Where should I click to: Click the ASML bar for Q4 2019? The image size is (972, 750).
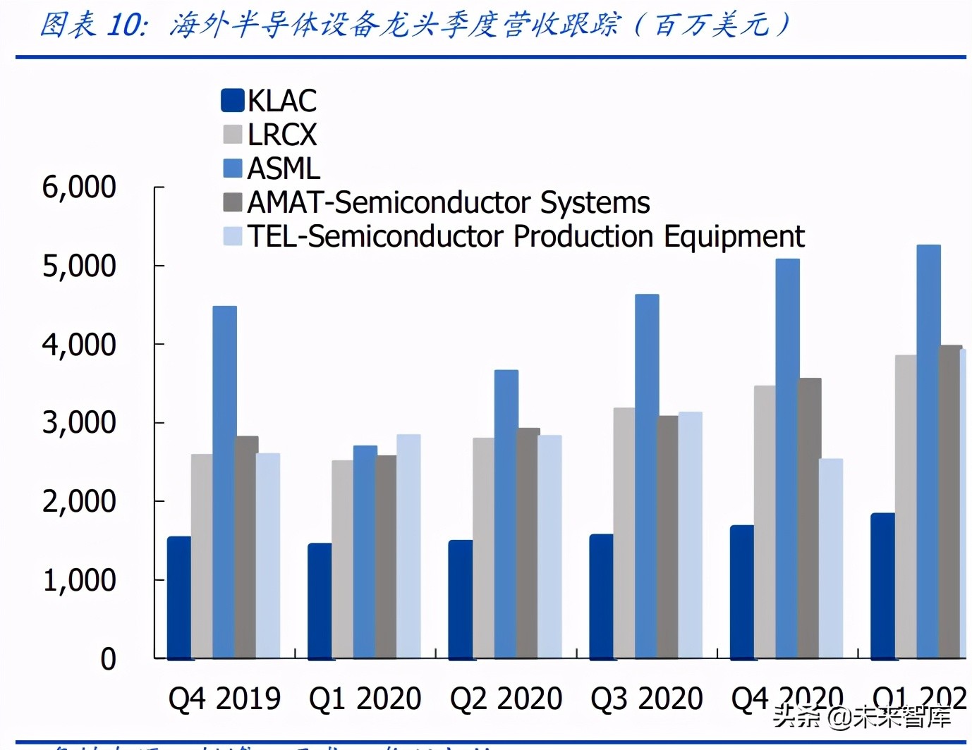[x=224, y=482]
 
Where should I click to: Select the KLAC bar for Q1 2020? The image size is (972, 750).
[x=320, y=601]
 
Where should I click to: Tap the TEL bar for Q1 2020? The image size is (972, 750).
[x=408, y=546]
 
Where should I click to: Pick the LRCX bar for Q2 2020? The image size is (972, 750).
[x=483, y=548]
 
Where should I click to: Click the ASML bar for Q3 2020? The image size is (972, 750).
[x=647, y=476]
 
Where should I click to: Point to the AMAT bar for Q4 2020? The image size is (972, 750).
[x=810, y=518]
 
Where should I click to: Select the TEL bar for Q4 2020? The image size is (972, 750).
[x=831, y=558]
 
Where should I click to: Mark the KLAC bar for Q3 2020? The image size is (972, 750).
[x=601, y=596]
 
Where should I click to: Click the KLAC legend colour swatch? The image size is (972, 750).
[x=233, y=101]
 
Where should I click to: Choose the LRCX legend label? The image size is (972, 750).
[x=282, y=135]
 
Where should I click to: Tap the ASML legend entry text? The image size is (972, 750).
[x=284, y=168]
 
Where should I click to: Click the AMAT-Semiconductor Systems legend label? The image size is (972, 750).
[x=449, y=202]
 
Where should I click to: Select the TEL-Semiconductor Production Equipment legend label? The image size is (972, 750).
[x=526, y=236]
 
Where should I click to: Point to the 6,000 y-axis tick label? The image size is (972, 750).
[x=79, y=187]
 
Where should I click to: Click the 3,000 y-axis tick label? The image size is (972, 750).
[x=79, y=423]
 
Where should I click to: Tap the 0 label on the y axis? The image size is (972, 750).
[x=108, y=659]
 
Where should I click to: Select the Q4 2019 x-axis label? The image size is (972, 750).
[x=224, y=699]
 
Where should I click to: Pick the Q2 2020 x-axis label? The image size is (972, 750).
[x=506, y=699]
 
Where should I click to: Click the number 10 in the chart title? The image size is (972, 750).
[x=126, y=25]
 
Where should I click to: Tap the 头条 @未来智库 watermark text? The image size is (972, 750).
[x=862, y=717]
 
